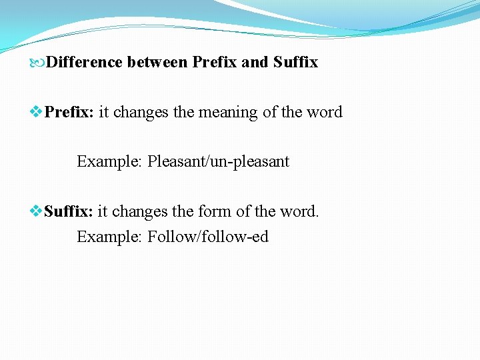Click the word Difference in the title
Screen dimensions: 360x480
click(85, 63)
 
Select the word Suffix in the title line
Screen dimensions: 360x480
click(295, 63)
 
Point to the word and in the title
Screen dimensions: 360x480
click(254, 63)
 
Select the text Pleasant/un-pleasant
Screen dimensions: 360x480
click(218, 161)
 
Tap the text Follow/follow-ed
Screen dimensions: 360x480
click(208, 237)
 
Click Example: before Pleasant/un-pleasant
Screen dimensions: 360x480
click(109, 161)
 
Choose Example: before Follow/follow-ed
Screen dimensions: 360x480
click(109, 237)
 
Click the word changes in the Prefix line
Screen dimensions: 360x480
click(141, 112)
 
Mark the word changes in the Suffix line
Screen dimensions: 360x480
click(140, 212)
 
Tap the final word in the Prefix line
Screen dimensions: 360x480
click(325, 112)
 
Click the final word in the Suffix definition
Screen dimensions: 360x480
click(299, 212)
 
